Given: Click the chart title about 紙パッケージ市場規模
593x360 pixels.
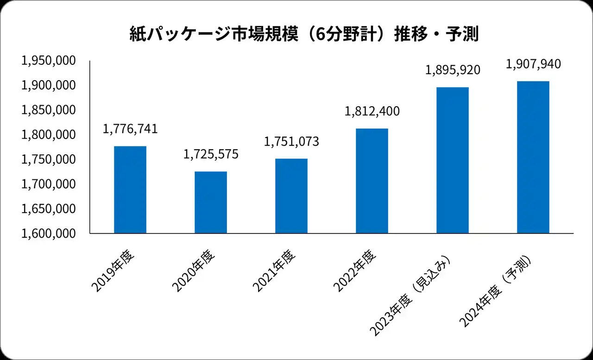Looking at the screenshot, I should click(x=303, y=35).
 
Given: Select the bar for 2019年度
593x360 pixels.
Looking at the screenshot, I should click(x=130, y=189).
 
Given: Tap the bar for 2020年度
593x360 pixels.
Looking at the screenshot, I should click(x=211, y=202).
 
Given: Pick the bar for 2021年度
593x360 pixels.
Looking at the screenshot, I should click(x=291, y=196).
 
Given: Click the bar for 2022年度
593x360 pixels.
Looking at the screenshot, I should click(x=372, y=181).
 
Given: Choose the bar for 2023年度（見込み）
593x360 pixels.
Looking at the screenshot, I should click(x=453, y=160).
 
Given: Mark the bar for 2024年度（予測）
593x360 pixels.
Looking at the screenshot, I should click(x=533, y=157).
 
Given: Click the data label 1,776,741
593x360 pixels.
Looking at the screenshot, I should click(x=130, y=129).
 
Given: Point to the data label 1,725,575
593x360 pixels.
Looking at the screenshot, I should click(x=211, y=154).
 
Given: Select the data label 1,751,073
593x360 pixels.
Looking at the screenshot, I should click(x=291, y=142).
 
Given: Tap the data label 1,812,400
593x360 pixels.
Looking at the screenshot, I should click(x=372, y=112).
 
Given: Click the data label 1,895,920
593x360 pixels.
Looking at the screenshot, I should click(x=453, y=70).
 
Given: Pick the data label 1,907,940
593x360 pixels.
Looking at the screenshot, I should click(x=533, y=64).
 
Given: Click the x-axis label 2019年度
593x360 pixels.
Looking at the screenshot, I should click(x=113, y=272).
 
